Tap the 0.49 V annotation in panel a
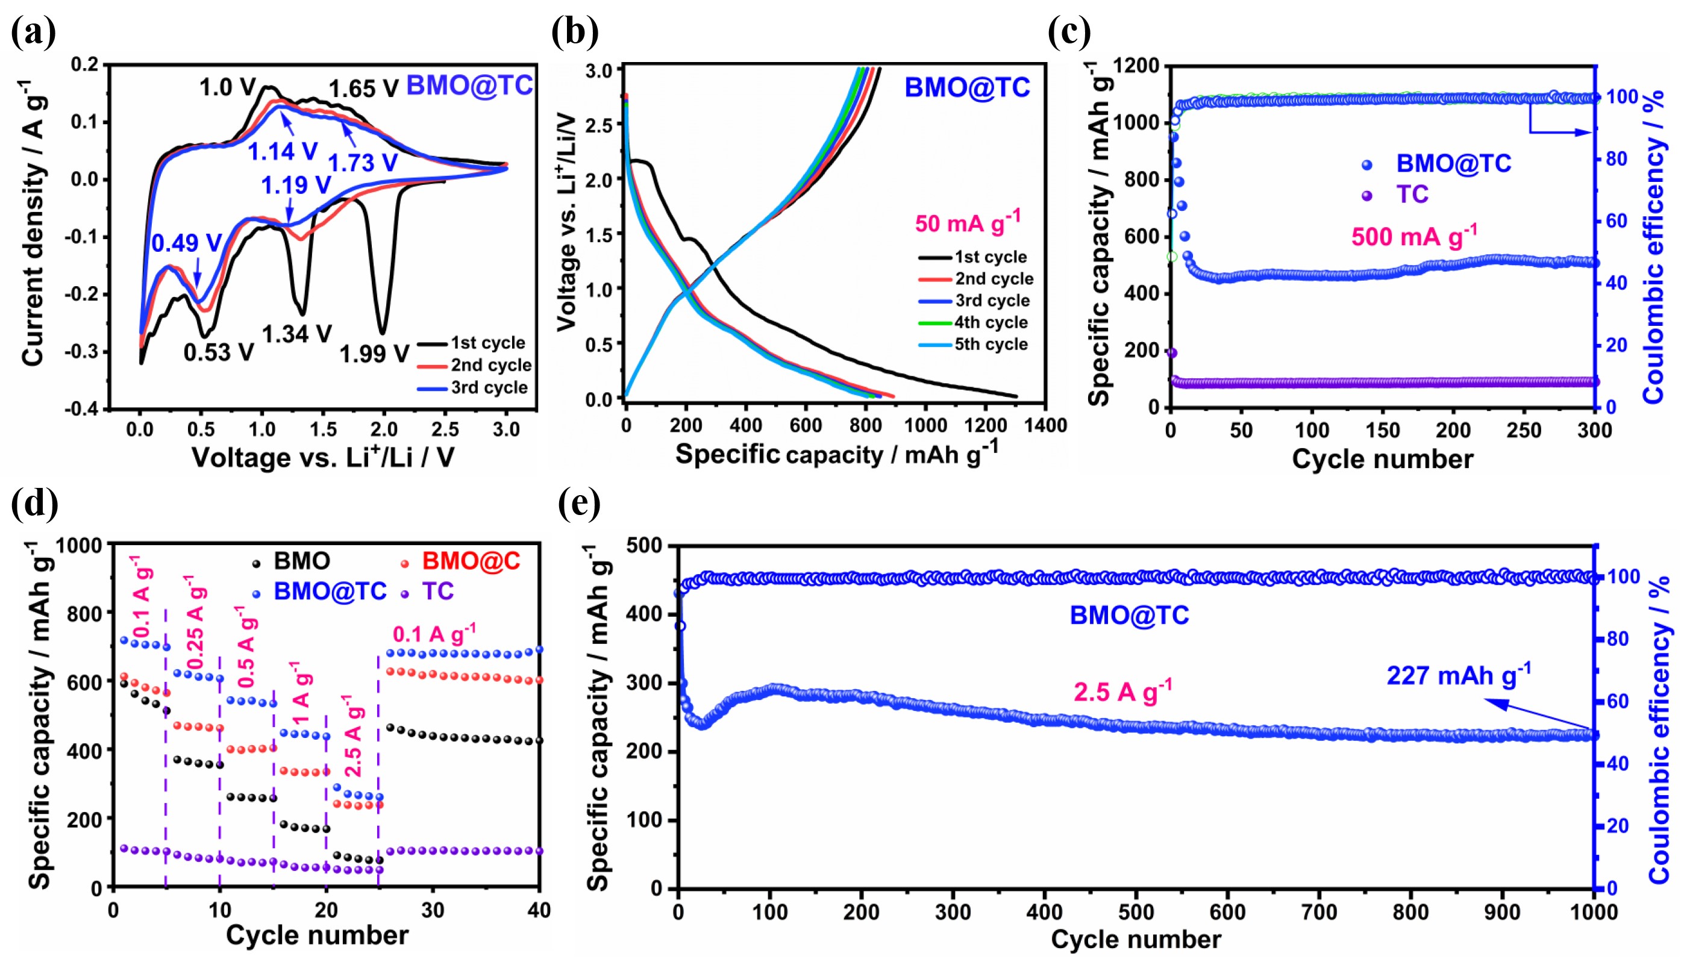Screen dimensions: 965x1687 [186, 243]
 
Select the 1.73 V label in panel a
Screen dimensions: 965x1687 [363, 163]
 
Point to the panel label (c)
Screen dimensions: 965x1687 [1069, 31]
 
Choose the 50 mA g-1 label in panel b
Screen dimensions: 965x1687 [968, 223]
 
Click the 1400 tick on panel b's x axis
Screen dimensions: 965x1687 [1045, 425]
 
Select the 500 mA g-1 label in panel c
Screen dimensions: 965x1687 [1414, 236]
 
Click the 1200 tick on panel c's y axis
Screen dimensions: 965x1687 [1136, 66]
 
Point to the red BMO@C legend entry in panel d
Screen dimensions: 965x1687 [471, 561]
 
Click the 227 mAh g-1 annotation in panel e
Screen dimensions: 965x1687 [1458, 675]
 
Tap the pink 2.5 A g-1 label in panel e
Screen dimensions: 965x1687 [1122, 692]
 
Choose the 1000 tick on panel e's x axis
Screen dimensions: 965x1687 [1594, 913]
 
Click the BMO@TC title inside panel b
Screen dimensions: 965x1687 [967, 87]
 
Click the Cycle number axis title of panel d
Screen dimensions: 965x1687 [317, 935]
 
